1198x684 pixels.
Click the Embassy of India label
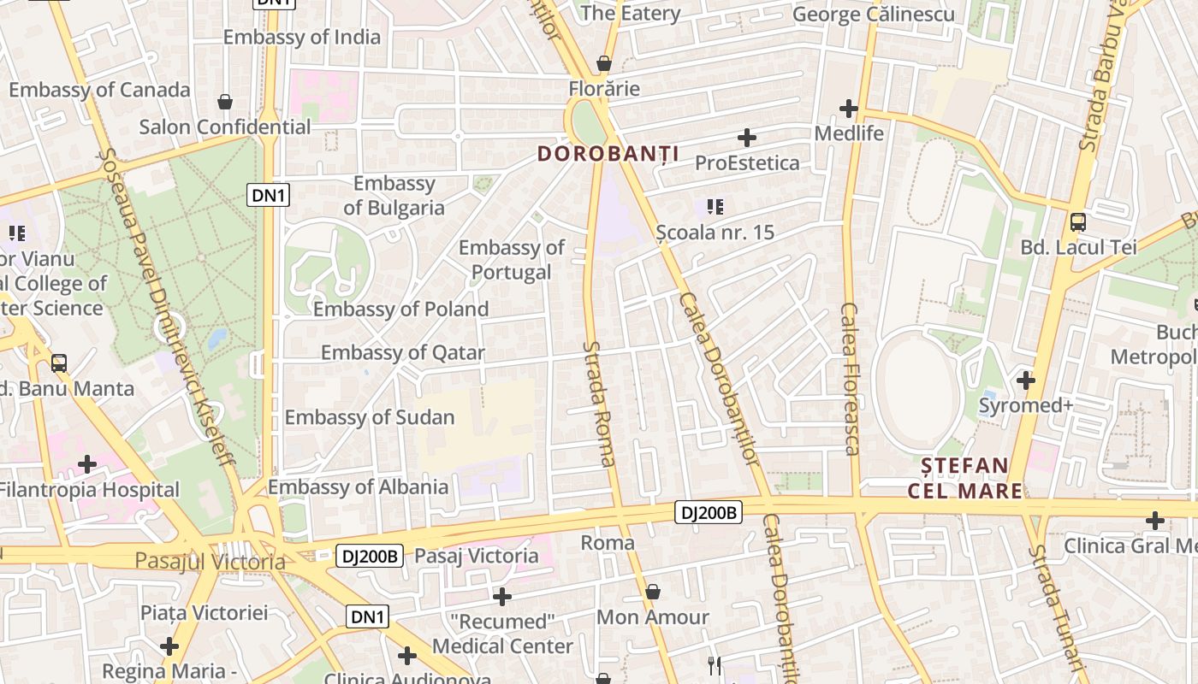pyautogui.click(x=302, y=37)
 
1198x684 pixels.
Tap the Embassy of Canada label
pyautogui.click(x=99, y=90)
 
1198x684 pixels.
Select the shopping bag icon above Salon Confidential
pyautogui.click(x=225, y=103)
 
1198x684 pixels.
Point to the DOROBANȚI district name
pyautogui.click(x=608, y=154)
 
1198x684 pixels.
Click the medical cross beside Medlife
pyautogui.click(x=849, y=109)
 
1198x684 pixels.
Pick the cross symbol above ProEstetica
pyautogui.click(x=747, y=137)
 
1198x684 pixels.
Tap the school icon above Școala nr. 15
pyautogui.click(x=715, y=207)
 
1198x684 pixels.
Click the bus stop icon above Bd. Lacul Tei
pyautogui.click(x=1078, y=222)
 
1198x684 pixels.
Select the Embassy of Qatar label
pyautogui.click(x=402, y=352)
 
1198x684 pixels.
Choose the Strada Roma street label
pyautogui.click(x=598, y=404)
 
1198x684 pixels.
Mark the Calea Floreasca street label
pyautogui.click(x=850, y=379)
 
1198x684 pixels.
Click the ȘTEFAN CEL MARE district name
pyautogui.click(x=964, y=478)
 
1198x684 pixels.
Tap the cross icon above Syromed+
pyautogui.click(x=1026, y=380)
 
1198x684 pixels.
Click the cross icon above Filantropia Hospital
pyautogui.click(x=86, y=464)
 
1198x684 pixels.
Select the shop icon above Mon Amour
pyautogui.click(x=653, y=592)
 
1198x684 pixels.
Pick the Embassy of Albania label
pyautogui.click(x=358, y=487)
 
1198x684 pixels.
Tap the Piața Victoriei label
pyautogui.click(x=204, y=613)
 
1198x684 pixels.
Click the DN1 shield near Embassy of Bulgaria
pyautogui.click(x=269, y=196)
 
